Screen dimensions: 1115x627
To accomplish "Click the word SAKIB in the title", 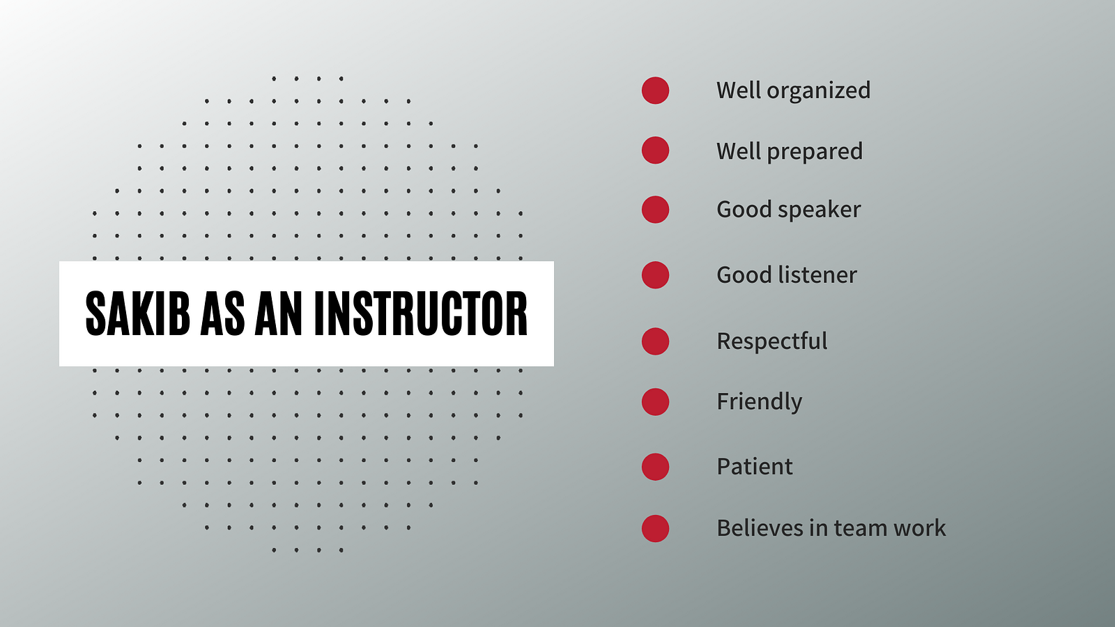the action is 138,314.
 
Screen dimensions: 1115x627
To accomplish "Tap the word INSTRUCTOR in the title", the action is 421,314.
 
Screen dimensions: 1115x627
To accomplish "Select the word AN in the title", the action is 279,314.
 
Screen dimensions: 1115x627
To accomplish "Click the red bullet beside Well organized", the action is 655,91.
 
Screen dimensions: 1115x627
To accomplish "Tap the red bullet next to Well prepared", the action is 655,150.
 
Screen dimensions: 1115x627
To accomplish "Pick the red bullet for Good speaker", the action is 655,210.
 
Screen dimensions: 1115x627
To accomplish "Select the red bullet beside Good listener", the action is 655,275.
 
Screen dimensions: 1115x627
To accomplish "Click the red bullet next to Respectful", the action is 655,341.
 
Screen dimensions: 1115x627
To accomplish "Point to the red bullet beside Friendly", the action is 655,402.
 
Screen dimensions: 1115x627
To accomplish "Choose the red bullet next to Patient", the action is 655,467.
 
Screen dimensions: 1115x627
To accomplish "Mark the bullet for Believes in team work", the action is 655,529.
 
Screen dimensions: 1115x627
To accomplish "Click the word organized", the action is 818,91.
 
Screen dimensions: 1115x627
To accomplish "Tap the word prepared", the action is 815,152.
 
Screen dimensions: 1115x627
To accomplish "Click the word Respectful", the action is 772,341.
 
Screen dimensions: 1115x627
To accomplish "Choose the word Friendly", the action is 760,402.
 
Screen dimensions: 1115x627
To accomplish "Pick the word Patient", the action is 755,467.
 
